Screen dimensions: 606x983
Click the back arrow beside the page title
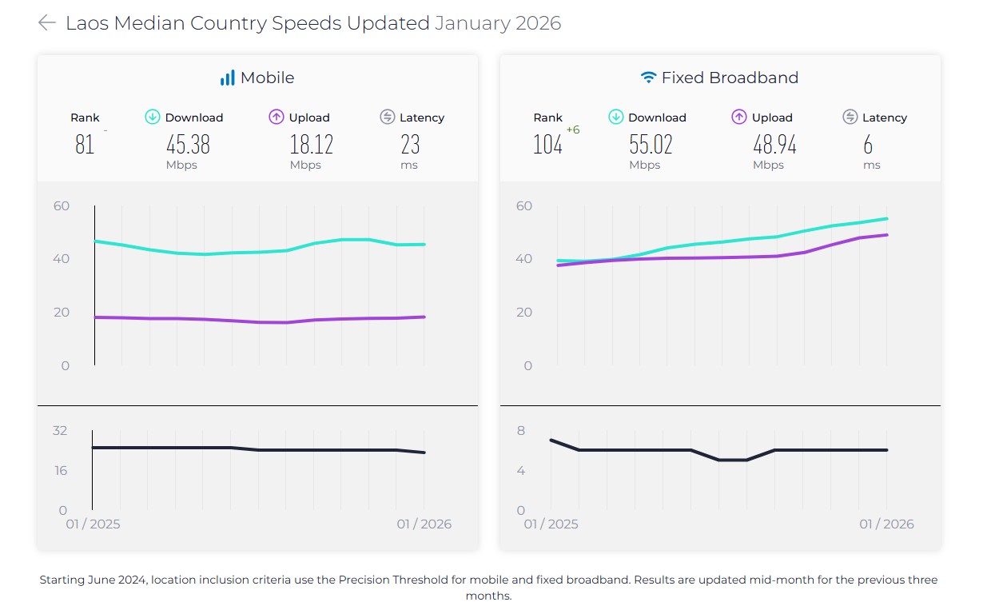(46, 23)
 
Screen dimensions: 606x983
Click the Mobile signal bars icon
(228, 78)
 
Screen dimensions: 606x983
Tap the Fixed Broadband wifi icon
(648, 78)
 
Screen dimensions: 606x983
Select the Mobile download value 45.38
(188, 145)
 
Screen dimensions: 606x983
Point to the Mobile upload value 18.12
(311, 145)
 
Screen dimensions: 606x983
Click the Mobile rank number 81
(85, 145)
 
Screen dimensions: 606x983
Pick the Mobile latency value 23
(410, 145)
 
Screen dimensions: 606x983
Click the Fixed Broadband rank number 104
(547, 145)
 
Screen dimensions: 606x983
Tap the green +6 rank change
(572, 130)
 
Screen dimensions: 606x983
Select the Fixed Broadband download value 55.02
(651, 145)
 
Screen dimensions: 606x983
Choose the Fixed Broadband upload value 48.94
(774, 145)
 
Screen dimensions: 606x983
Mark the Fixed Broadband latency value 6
(868, 145)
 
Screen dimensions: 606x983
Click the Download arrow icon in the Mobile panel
(153, 118)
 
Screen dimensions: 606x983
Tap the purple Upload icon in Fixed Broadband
(739, 118)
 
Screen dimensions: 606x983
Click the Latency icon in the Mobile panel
(388, 118)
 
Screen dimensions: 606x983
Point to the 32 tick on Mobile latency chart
(60, 431)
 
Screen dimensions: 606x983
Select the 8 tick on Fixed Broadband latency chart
(521, 431)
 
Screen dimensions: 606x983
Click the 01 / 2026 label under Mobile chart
(424, 524)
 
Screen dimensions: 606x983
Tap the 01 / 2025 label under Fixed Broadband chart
(551, 524)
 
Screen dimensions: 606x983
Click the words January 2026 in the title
(498, 23)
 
